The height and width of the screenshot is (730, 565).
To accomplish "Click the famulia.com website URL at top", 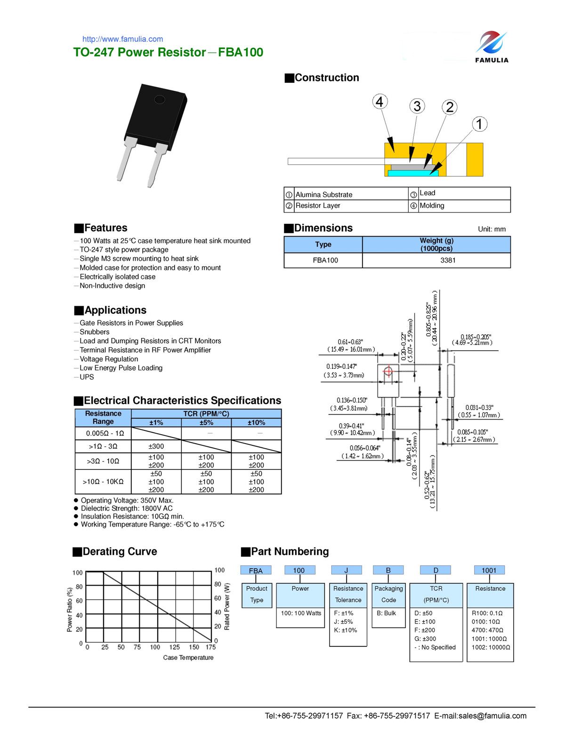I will tap(122, 39).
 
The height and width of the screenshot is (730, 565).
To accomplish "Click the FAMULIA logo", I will tap(491, 47).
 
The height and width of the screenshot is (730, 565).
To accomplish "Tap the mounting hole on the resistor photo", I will tap(160, 99).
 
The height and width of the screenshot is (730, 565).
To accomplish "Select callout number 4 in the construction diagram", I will tap(379, 102).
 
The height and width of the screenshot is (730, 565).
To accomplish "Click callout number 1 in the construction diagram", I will tap(479, 124).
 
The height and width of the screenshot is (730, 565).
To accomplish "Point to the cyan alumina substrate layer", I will tap(412, 173).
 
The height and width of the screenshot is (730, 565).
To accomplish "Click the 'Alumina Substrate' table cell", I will tap(324, 194).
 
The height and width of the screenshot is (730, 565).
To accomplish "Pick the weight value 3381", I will tap(447, 260).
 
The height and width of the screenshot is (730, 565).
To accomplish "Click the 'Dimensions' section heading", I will tap(323, 228).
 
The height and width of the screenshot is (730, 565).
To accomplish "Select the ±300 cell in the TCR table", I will tap(156, 446).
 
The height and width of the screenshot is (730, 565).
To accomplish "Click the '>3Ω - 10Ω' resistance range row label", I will tap(103, 461).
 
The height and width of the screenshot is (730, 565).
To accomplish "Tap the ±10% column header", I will tap(256, 422).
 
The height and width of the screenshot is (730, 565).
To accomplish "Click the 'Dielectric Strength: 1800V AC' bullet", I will tap(127, 508).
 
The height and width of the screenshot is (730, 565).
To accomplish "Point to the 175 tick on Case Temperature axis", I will tap(210, 647).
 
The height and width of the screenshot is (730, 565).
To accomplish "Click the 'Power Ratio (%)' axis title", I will tap(70, 609).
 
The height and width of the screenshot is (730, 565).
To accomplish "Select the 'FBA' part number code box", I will tap(256, 571).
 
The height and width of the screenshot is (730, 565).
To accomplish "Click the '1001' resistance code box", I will tap(489, 570).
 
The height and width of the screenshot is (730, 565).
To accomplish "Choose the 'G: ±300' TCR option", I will tap(425, 639).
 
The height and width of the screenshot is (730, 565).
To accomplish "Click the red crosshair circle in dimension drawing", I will tap(388, 372).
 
